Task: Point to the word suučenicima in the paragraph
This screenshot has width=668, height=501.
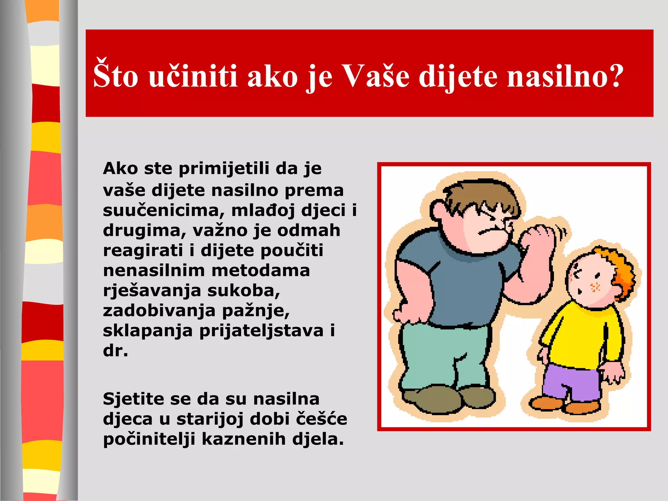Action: point(163,211)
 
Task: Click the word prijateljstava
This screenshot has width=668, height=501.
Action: point(261,331)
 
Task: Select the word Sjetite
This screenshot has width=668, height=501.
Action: point(137,399)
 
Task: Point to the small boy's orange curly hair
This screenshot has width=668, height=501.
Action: point(616,271)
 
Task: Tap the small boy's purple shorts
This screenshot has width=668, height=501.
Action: point(571,382)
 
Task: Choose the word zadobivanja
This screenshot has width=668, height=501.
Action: point(159,311)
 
